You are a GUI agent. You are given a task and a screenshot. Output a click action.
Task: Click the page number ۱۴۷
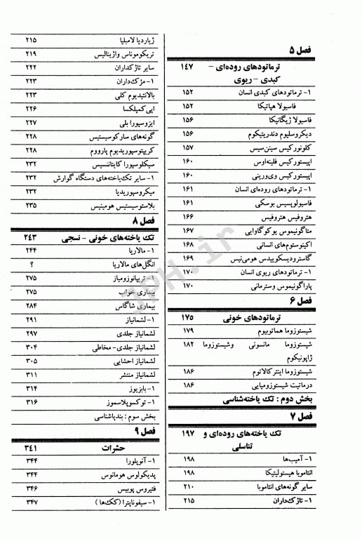pyautogui.click(x=188, y=66)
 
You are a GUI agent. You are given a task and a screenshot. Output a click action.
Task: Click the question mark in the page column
pyautogui.click(x=32, y=265)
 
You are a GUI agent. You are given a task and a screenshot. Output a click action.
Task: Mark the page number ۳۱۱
pyautogui.click(x=32, y=374)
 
